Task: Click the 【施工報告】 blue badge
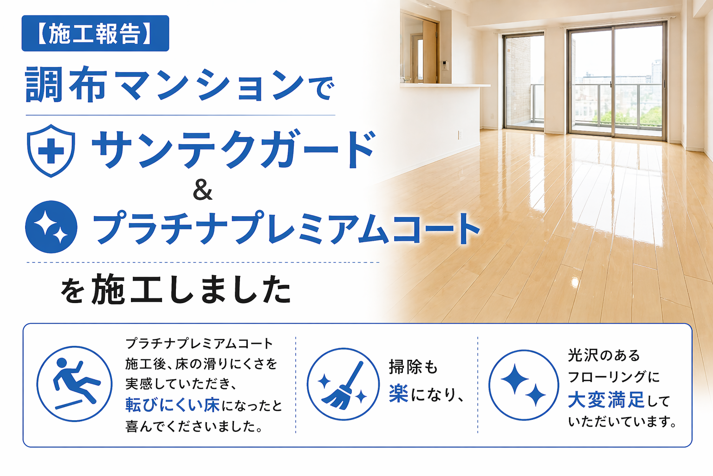(x=95, y=33)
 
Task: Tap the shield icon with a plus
(x=51, y=150)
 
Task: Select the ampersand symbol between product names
(x=202, y=190)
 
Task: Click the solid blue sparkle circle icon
(x=51, y=227)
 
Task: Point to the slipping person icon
(x=74, y=383)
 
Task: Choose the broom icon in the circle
(x=343, y=384)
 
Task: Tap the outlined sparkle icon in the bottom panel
(x=524, y=385)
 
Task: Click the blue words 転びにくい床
(x=173, y=405)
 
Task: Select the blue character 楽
(x=399, y=394)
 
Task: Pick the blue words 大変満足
(x=606, y=400)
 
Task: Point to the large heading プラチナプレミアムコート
(x=286, y=228)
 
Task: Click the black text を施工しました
(x=176, y=290)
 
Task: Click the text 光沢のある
(x=604, y=356)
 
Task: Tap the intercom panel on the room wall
(x=444, y=65)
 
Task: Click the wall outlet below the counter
(x=460, y=135)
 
